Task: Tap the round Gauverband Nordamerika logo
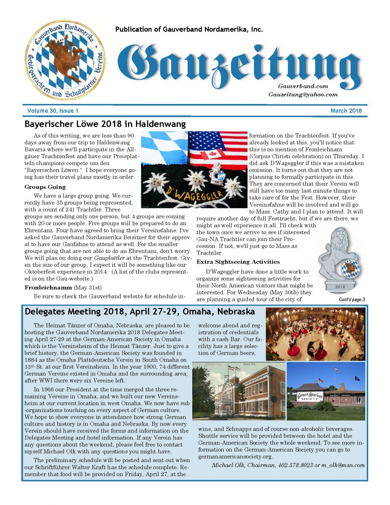pos(64,59)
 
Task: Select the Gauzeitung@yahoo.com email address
pos(303,94)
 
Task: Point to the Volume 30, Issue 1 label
pos(53,111)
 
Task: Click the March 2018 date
pos(346,111)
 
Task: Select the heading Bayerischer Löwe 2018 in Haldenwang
pos(105,124)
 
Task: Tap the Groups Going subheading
pos(45,187)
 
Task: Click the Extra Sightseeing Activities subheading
pos(238,262)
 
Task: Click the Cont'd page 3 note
pos(351,300)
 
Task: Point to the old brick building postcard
pos(238,391)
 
